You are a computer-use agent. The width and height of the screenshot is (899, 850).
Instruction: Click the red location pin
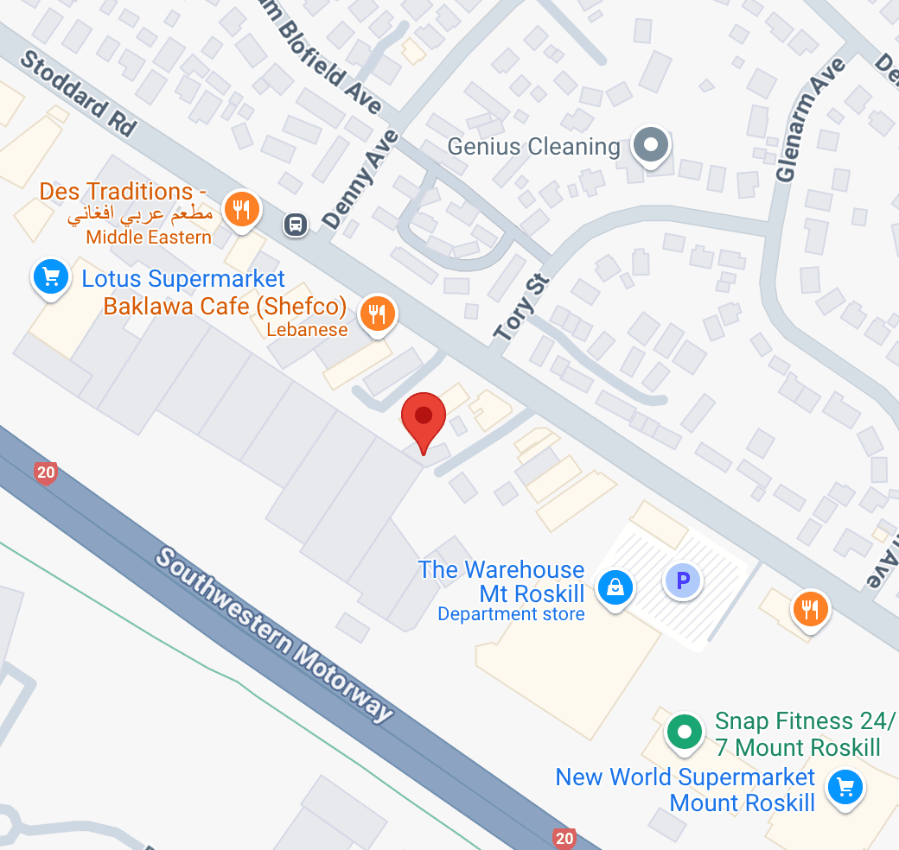[x=423, y=419]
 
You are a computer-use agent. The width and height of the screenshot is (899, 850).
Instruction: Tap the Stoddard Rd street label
[x=78, y=93]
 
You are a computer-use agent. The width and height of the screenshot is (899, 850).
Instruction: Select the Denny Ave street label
[x=360, y=180]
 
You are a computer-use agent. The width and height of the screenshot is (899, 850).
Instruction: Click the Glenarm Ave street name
[x=809, y=121]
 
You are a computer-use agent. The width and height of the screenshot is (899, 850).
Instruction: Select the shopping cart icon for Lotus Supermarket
[x=51, y=277]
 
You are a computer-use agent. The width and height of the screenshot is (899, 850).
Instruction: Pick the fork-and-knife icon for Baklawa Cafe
[x=377, y=314]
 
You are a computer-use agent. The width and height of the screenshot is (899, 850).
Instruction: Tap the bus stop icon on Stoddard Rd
[x=296, y=225]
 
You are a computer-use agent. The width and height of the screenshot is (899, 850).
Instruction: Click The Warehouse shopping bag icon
[x=615, y=587]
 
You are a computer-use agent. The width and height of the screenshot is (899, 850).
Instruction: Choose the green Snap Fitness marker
[x=685, y=733]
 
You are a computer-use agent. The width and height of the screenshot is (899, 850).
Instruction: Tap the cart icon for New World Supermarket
[x=845, y=787]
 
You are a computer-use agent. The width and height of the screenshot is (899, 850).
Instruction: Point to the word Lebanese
[x=307, y=329]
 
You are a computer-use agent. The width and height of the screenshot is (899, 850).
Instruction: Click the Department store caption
[x=511, y=614]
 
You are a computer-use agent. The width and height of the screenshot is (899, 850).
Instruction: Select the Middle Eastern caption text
[x=149, y=237]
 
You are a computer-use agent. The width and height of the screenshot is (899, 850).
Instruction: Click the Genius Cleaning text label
[x=533, y=147]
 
